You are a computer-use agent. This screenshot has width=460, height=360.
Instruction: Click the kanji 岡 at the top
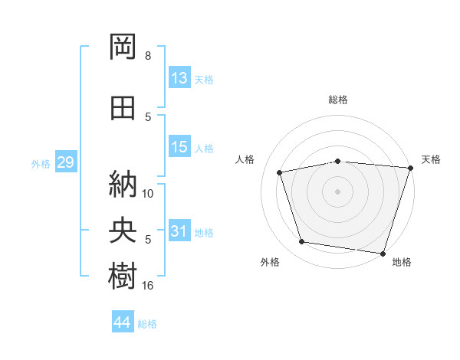[x=123, y=47]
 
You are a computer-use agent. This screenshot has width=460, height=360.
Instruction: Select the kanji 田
[x=123, y=108]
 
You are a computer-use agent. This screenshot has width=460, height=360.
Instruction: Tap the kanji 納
[x=123, y=184]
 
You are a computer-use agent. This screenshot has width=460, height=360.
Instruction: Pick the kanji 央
[x=123, y=230]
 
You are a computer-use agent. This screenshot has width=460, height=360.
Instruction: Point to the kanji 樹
[x=123, y=276]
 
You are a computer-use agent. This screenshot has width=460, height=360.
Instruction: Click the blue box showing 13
[x=179, y=77]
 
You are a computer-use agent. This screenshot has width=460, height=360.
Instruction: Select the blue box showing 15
[x=179, y=146]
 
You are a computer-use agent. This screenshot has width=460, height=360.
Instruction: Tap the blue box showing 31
[x=179, y=230]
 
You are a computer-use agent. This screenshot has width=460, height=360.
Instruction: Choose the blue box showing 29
[x=66, y=162]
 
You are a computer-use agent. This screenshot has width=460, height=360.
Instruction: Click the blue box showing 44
[x=123, y=321]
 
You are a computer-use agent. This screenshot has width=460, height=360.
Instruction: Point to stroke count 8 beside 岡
[x=148, y=56]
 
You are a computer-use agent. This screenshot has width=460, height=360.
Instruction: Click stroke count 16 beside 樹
[x=147, y=286]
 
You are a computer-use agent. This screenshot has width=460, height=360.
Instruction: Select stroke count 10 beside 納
[x=147, y=194]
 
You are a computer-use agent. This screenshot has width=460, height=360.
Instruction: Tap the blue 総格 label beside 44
[x=147, y=324]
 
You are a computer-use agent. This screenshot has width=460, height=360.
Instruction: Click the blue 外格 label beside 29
[x=41, y=164]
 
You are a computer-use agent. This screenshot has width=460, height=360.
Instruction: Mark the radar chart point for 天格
[x=411, y=168]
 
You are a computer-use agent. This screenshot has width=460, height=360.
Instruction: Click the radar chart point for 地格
[x=383, y=254]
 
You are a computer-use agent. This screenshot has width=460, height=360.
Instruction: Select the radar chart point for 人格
[x=280, y=172]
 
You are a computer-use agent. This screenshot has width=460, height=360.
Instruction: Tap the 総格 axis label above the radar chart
[x=338, y=100]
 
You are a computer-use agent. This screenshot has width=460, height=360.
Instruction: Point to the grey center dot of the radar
[x=337, y=191]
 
